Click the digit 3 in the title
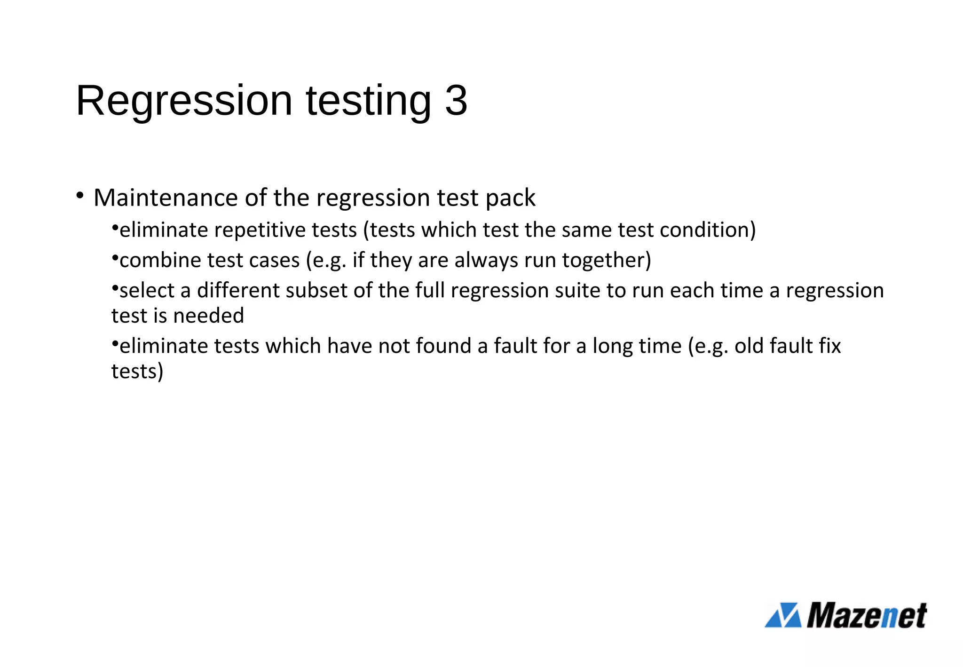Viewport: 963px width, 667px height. pos(456,101)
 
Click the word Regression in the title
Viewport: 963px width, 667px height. pos(184,101)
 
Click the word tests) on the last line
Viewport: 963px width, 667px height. pos(137,372)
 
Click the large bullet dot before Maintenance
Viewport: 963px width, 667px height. pos(79,195)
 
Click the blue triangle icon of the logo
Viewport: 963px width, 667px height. pos(783,615)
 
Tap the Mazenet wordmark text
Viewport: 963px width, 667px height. pos(867,615)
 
